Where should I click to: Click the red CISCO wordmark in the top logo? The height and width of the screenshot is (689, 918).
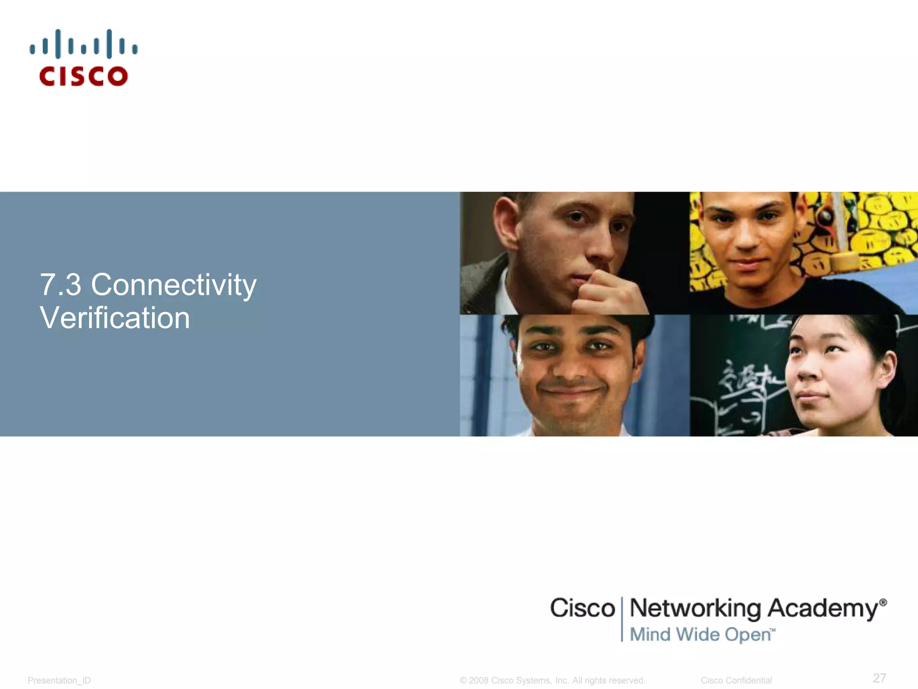click(x=83, y=76)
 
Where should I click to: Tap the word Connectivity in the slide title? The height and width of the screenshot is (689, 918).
click(x=173, y=285)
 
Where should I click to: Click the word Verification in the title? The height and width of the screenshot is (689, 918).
click(x=115, y=318)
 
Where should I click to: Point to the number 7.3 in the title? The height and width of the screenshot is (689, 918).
click(x=61, y=285)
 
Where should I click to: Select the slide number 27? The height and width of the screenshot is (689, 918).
click(x=879, y=677)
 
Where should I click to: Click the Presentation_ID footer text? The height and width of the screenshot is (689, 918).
click(x=59, y=680)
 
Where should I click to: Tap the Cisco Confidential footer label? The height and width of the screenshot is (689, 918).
click(x=736, y=680)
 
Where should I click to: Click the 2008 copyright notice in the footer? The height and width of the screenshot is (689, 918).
click(x=552, y=680)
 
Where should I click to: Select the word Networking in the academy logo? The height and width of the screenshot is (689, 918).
click(x=695, y=609)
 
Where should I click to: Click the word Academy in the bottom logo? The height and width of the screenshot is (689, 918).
click(x=823, y=609)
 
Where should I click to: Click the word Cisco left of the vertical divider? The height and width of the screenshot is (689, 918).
click(x=582, y=608)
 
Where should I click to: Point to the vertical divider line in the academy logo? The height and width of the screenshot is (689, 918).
click(x=622, y=619)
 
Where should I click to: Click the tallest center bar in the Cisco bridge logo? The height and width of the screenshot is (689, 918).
click(x=83, y=44)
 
